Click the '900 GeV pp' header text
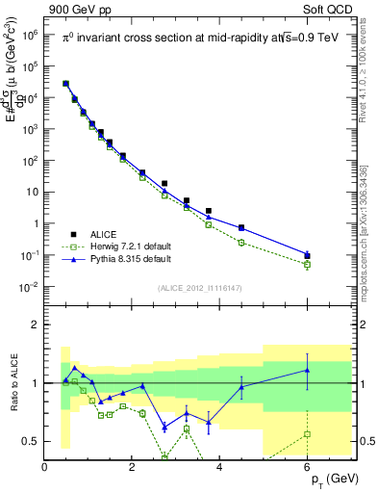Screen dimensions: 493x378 [77, 9]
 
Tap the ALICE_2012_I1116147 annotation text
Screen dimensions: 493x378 [200, 288]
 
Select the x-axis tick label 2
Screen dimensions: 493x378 [133, 467]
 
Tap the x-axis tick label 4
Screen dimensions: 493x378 [220, 467]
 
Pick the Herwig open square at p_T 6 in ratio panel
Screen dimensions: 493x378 [308, 434]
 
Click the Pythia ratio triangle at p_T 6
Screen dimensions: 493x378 [308, 370]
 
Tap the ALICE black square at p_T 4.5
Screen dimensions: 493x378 [241, 227]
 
